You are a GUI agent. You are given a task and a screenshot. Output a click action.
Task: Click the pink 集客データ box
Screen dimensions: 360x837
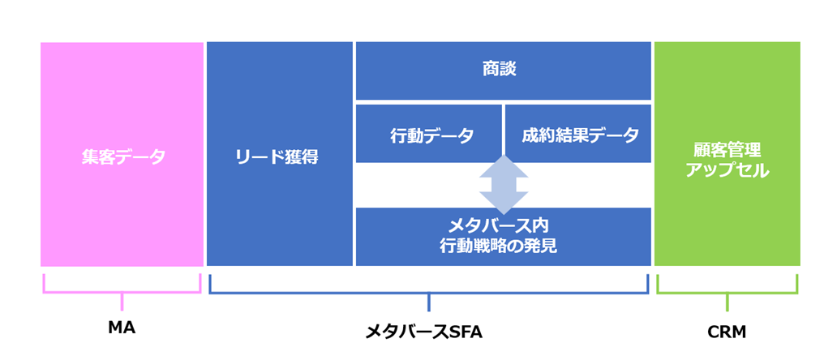coord(122,154)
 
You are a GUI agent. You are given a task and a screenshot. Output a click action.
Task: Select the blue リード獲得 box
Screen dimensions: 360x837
coord(280,154)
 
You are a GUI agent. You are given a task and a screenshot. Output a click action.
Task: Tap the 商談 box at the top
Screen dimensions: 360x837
coord(503,70)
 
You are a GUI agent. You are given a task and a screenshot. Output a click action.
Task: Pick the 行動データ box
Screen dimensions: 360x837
coord(429,134)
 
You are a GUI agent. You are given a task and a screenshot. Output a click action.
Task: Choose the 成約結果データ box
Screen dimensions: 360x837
coord(578,134)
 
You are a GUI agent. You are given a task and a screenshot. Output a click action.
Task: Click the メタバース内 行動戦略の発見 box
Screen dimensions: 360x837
coord(503,236)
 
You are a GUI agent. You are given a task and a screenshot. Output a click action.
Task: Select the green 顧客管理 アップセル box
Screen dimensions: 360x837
coord(727,154)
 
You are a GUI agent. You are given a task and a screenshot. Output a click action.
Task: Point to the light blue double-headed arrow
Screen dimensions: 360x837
coord(503,185)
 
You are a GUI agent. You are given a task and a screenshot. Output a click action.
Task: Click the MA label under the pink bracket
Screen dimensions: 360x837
coord(122,330)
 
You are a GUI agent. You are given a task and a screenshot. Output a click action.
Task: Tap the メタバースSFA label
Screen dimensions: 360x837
coord(429,331)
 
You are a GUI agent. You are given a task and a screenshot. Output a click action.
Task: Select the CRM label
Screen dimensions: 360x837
coord(727,331)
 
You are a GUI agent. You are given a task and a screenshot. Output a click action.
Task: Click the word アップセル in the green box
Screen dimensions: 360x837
coord(727,171)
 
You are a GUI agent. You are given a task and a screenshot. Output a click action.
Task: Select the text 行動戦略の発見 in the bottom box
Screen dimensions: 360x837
coord(504,245)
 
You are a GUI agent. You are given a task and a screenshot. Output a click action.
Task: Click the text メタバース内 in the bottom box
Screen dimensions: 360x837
coord(504,225)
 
